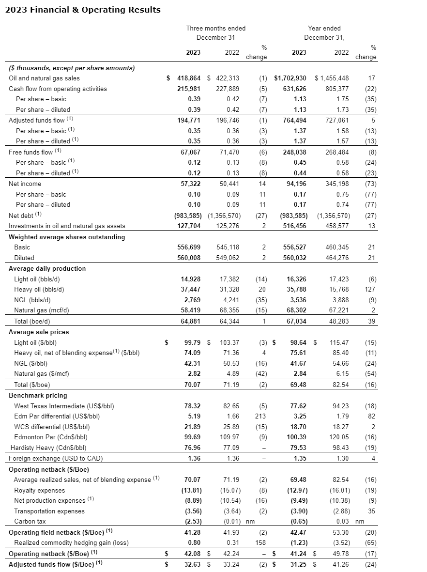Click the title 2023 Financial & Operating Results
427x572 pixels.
tap(82, 10)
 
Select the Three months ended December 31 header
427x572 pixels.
tap(215, 33)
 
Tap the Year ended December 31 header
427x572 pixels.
tap(324, 33)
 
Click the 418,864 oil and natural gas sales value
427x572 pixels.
tap(187, 78)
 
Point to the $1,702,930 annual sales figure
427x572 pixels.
tap(290, 78)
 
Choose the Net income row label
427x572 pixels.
tap(25, 184)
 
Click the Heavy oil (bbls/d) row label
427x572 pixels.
tap(39, 290)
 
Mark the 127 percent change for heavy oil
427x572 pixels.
tap(371, 290)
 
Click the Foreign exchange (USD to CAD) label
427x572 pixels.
tap(56, 458)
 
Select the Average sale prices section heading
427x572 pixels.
tap(39, 332)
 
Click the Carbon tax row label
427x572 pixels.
tap(30, 522)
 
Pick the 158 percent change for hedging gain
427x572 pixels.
tap(261, 543)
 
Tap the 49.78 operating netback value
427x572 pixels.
tap(339, 554)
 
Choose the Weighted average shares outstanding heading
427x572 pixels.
tap(67, 237)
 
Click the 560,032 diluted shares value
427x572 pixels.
tap(294, 258)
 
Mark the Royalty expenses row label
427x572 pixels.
tap(39, 490)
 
